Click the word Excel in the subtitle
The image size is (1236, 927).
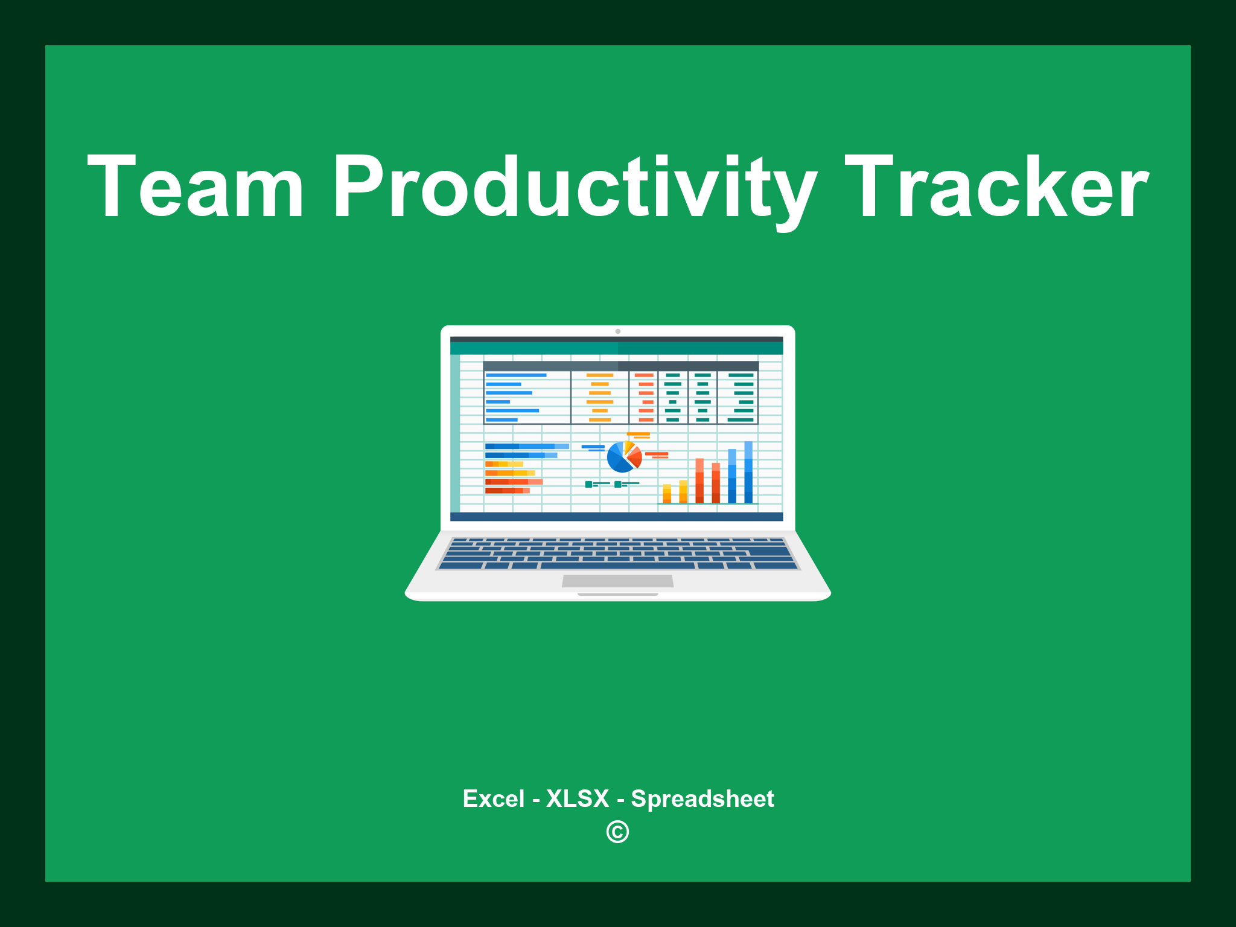[493, 798]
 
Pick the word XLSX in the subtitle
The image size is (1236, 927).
[578, 798]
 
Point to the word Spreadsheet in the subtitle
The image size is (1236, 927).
[702, 798]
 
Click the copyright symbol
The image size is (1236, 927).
[617, 832]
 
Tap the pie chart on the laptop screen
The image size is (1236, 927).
[623, 457]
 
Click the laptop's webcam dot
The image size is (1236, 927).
[617, 331]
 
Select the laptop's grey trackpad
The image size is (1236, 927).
[617, 581]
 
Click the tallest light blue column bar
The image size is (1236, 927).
[748, 472]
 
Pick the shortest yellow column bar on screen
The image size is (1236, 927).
[667, 493]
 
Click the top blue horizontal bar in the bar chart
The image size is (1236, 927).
[526, 446]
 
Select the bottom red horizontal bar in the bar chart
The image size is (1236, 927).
[507, 491]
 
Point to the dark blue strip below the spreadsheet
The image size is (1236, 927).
[616, 517]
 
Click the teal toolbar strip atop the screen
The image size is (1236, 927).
[616, 348]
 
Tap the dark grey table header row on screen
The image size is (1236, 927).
[620, 366]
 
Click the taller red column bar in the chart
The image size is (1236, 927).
[699, 480]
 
